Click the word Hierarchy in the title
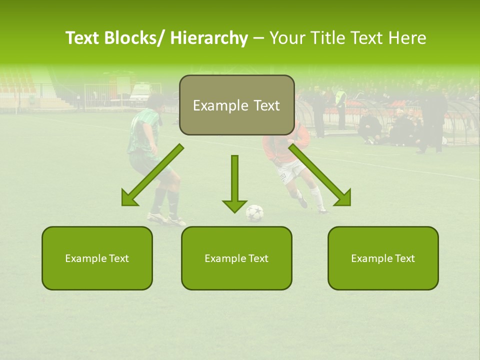208,38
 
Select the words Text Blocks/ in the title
116,38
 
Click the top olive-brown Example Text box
236,105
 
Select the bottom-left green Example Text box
97,258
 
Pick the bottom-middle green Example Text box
236,258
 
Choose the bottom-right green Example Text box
383,258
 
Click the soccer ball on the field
254,213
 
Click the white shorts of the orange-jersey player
291,171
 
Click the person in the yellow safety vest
340,97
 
